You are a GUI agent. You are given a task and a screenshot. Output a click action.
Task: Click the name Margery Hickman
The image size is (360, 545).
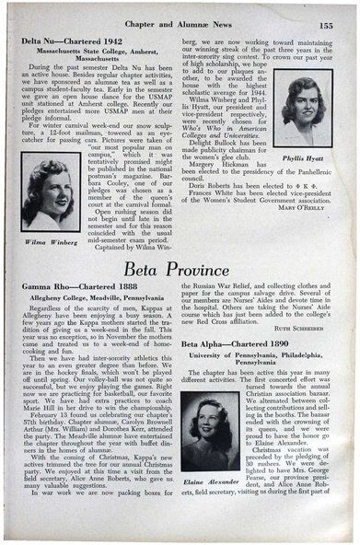[x=218, y=211]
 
